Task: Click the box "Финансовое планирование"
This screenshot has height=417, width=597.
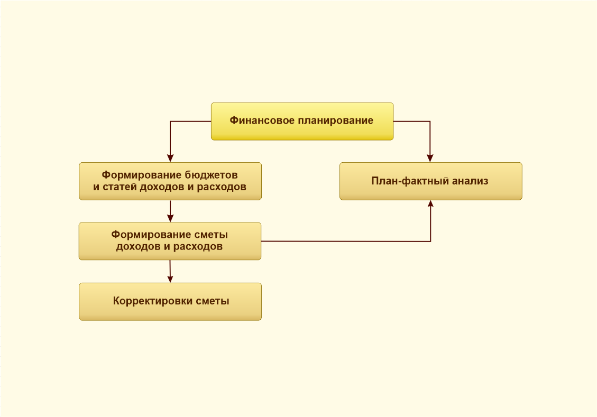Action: [x=302, y=122]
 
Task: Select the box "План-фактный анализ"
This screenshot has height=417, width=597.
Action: [x=430, y=181]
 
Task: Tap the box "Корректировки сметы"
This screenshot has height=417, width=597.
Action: [x=170, y=302]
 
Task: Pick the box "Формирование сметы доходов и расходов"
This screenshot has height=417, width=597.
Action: [x=170, y=241]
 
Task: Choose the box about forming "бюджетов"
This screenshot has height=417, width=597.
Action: [x=170, y=181]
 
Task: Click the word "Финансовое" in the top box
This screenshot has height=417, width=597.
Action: [x=262, y=121]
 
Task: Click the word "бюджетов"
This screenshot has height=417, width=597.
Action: [x=212, y=175]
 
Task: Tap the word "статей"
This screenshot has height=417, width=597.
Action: [x=120, y=187]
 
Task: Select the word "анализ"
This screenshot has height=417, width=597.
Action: [x=470, y=181]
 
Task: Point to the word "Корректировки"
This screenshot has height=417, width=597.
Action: [x=153, y=301]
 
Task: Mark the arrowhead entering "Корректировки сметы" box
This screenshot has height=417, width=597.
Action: [x=170, y=280]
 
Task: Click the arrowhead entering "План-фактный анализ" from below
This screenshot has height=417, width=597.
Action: [x=430, y=203]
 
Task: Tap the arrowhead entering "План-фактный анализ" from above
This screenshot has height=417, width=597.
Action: [x=430, y=159]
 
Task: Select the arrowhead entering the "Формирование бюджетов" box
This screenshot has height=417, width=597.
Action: [x=170, y=159]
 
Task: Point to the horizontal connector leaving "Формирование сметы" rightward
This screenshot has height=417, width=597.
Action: [x=346, y=241]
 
